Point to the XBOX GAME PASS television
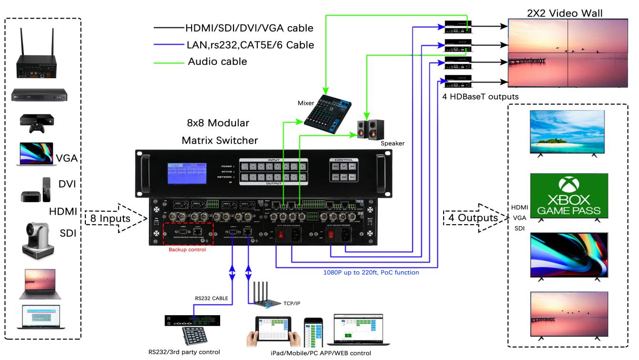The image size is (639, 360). [x=568, y=196]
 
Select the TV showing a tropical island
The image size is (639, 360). [x=568, y=132]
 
